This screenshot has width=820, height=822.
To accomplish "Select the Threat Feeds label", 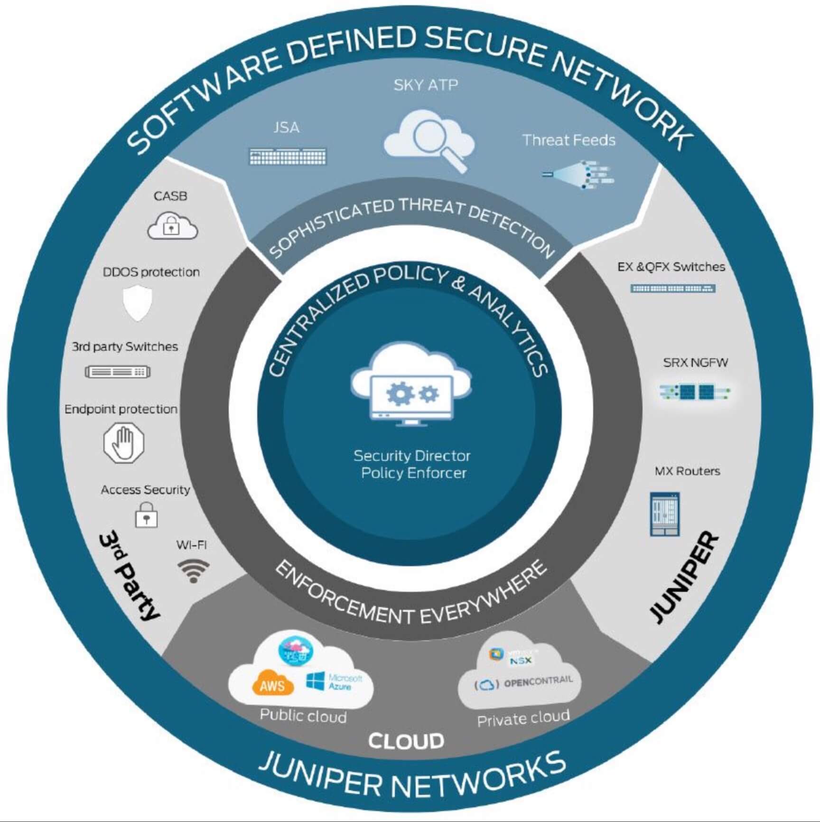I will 568,140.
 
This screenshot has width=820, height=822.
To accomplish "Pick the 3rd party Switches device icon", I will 118,372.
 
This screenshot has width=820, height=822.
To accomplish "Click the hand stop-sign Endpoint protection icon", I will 124,442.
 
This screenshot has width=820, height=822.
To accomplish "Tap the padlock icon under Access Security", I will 146,515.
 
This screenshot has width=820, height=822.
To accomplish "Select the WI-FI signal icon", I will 193,570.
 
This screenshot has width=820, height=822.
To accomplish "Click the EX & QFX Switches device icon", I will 672,288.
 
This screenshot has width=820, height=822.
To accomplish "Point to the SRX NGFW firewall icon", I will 694,392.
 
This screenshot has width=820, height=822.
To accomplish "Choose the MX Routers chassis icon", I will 664,514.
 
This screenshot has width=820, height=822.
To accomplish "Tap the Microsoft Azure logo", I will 334,682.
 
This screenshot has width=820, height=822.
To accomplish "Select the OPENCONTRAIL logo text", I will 538,682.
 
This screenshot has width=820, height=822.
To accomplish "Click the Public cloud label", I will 303,716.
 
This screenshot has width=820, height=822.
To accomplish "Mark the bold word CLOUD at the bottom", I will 406,741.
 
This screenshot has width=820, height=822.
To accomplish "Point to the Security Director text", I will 411,456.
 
